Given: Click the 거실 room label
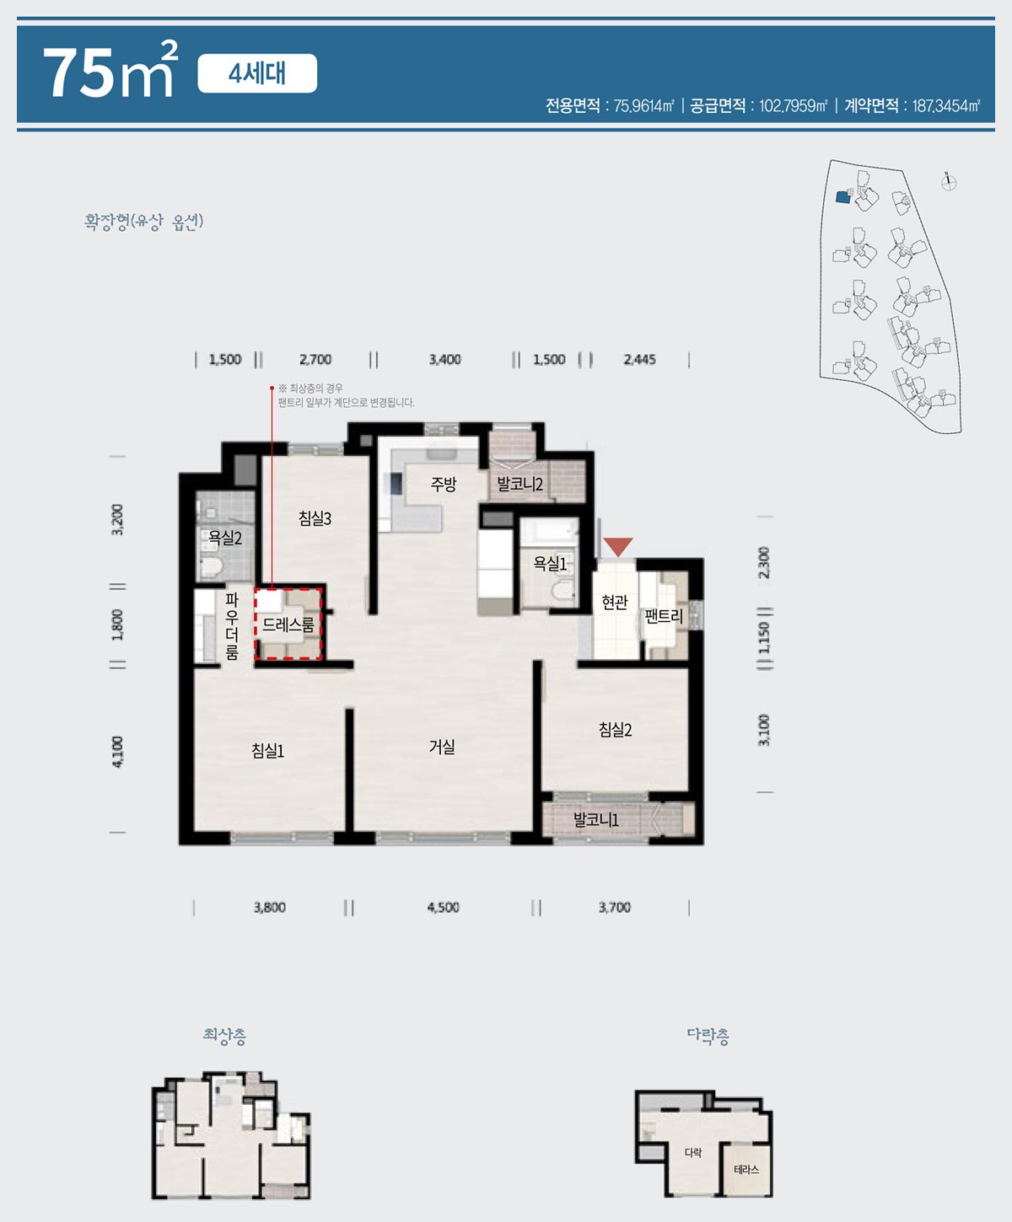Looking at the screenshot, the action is click(x=442, y=747).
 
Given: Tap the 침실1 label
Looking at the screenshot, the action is click(x=267, y=750).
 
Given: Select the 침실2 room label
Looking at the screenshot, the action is click(x=615, y=729).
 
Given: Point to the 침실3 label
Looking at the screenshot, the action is click(x=315, y=518).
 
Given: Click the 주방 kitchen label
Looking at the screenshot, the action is click(x=444, y=484).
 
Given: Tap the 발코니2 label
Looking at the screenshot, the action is click(x=520, y=484).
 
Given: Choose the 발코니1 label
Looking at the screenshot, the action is click(x=595, y=820).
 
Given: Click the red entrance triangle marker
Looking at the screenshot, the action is click(x=618, y=547).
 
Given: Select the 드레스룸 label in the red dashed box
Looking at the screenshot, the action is click(x=288, y=625).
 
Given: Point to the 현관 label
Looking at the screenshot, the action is click(x=614, y=602).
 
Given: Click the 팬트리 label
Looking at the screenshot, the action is click(x=664, y=616).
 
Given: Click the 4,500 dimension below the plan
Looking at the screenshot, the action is click(x=444, y=908).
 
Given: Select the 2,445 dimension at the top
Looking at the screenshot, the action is click(x=639, y=359).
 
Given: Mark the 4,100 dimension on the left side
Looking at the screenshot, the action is click(x=118, y=752).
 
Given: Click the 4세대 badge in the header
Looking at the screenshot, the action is click(x=257, y=73).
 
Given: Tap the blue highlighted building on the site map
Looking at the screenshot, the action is click(x=842, y=196).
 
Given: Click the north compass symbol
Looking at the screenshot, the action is click(x=949, y=182).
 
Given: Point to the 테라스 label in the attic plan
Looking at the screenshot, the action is click(x=746, y=1170).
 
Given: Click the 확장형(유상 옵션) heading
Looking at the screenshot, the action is click(x=143, y=222).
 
